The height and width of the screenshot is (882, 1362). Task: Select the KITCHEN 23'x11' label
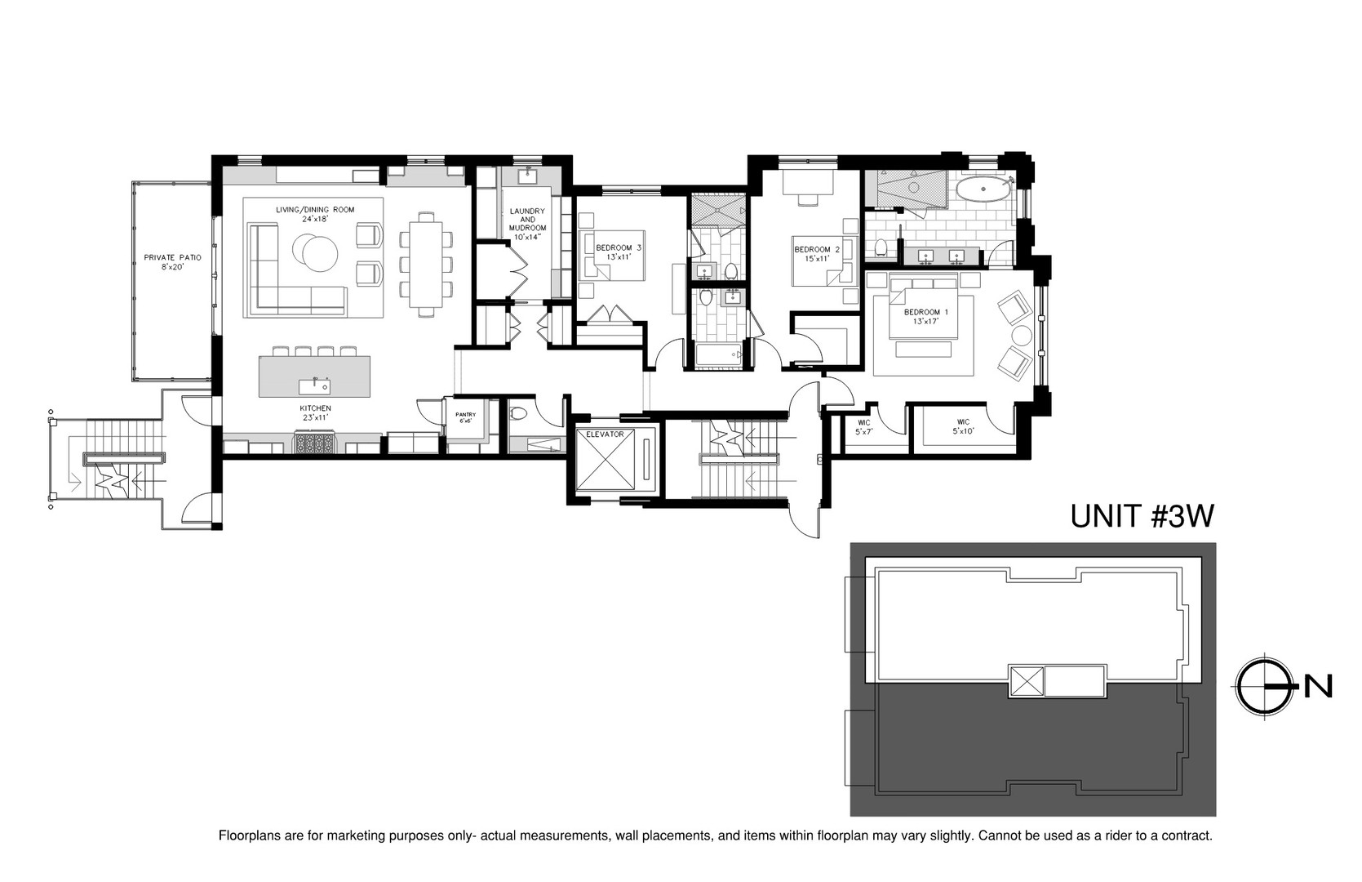pos(315,412)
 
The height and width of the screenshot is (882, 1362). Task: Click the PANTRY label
pos(465,417)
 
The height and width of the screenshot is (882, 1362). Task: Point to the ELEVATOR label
pos(604,434)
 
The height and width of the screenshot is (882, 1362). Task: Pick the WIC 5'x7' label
pos(863,426)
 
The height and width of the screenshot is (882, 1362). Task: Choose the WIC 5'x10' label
pos(963,426)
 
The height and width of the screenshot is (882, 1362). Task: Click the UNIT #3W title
pos(1142,516)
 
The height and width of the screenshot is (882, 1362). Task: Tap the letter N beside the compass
pos(1317,688)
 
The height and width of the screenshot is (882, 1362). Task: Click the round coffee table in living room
pos(315,252)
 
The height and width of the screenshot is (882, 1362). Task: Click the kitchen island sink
pos(313,385)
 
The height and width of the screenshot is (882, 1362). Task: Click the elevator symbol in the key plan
pos(1027,681)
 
